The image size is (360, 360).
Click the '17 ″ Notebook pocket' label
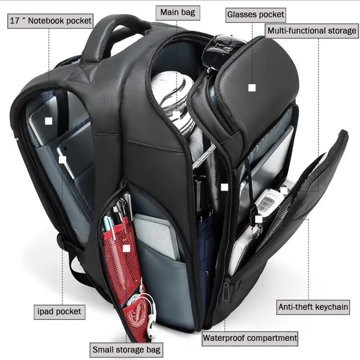tap(50, 21)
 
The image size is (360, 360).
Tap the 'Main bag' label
tap(178, 13)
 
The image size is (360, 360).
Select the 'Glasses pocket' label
tap(256, 15)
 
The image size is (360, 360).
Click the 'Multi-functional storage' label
tap(311, 31)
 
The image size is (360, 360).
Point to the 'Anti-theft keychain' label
tap(313, 307)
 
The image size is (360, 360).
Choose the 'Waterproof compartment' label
tap(250, 338)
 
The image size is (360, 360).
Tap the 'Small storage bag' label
tap(126, 350)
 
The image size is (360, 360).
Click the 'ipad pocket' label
tap(59, 312)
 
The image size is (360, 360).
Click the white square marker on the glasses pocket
tap(252, 88)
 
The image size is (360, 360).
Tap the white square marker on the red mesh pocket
tap(126, 248)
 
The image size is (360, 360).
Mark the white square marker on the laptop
tap(49, 121)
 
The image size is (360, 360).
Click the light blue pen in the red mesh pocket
tap(109, 227)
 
